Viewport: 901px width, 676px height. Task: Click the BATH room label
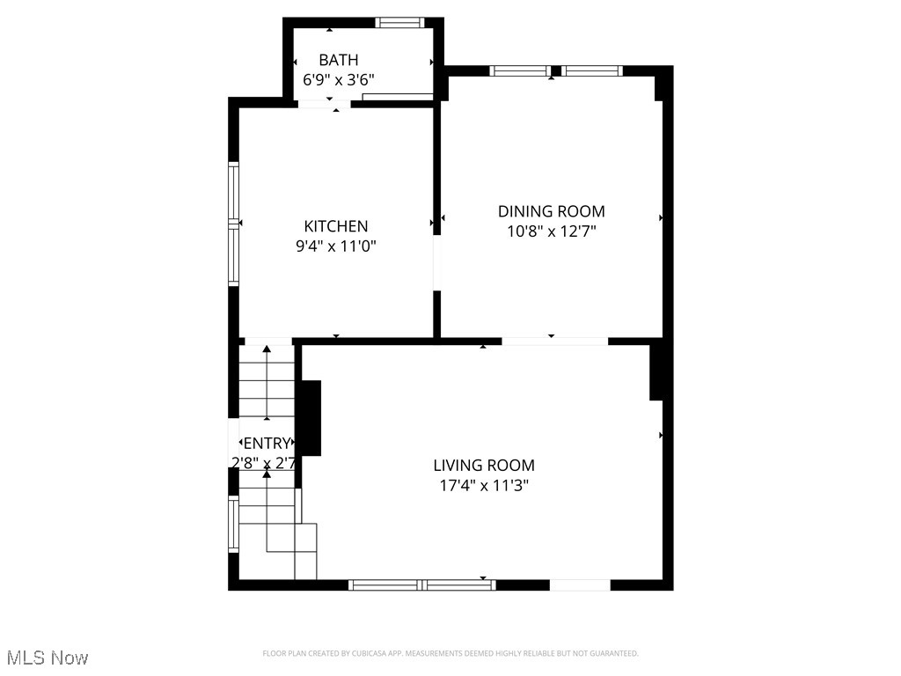pyautogui.click(x=339, y=60)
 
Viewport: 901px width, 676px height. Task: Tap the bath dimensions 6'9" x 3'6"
pyautogui.click(x=339, y=79)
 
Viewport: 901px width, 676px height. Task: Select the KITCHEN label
pyautogui.click(x=336, y=226)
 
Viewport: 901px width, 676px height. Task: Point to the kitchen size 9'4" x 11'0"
pyautogui.click(x=336, y=246)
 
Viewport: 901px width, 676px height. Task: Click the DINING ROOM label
pyautogui.click(x=552, y=211)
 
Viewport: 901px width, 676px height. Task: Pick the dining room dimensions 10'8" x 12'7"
pyautogui.click(x=552, y=231)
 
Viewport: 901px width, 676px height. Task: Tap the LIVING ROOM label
pyautogui.click(x=484, y=465)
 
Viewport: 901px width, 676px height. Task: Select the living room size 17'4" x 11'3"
pyautogui.click(x=484, y=485)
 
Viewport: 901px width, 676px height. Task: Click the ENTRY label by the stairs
pyautogui.click(x=266, y=443)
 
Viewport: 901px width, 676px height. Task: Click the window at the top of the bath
pyautogui.click(x=399, y=23)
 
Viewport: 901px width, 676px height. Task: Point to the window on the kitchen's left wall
pyautogui.click(x=234, y=224)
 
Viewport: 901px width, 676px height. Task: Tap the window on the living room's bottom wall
pyautogui.click(x=422, y=584)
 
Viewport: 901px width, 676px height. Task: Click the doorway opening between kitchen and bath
pyautogui.click(x=324, y=104)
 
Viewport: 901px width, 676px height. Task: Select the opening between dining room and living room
pyautogui.click(x=554, y=341)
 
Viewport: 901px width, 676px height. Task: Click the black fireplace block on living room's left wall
pyautogui.click(x=310, y=418)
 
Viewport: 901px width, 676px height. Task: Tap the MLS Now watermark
pyautogui.click(x=48, y=658)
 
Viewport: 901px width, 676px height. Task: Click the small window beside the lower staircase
pyautogui.click(x=234, y=525)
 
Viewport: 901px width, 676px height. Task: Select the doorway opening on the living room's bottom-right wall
pyautogui.click(x=580, y=584)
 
